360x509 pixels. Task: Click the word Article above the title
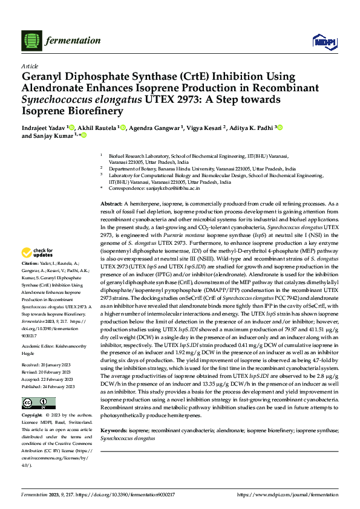(x=29, y=66)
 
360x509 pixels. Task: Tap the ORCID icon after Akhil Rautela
(x=123, y=128)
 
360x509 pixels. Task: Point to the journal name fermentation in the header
(x=68, y=40)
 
